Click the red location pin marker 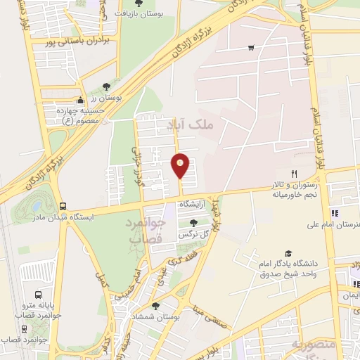pos(181,166)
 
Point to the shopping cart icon pos(251,48)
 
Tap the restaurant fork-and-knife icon pos(295,174)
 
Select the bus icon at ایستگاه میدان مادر pos(64,207)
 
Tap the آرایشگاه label pos(194,204)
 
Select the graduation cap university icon pos(287,254)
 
